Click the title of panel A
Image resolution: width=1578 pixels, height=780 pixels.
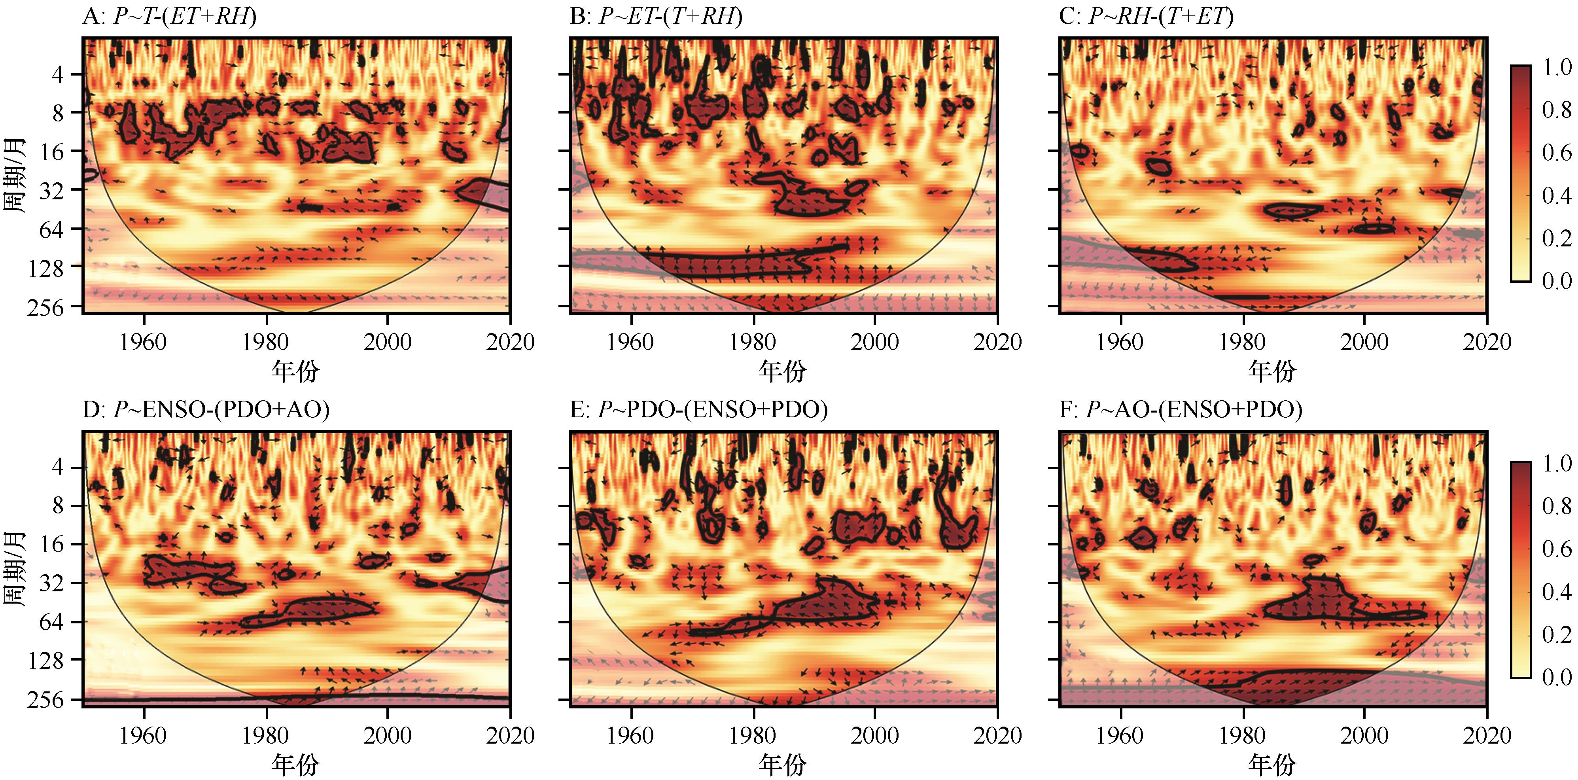pyautogui.click(x=170, y=17)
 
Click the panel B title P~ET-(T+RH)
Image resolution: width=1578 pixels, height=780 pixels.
pyautogui.click(x=656, y=17)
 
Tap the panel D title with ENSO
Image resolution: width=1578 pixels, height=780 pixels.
pyautogui.click(x=206, y=409)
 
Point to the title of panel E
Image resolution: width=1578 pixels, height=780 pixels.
pyautogui.click(x=698, y=409)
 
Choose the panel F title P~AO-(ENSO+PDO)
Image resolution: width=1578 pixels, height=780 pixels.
pyautogui.click(x=1181, y=409)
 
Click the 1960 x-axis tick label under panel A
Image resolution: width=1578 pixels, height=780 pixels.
pyautogui.click(x=143, y=342)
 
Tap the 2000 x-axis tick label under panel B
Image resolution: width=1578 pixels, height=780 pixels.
pyautogui.click(x=875, y=342)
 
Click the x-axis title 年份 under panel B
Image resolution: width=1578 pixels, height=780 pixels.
pyautogui.click(x=782, y=371)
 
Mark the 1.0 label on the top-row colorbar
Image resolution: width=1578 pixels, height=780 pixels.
pyautogui.click(x=1556, y=67)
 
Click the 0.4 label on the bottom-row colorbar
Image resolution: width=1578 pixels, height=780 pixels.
pyautogui.click(x=1556, y=591)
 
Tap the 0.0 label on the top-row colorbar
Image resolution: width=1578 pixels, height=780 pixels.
pyautogui.click(x=1556, y=280)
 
